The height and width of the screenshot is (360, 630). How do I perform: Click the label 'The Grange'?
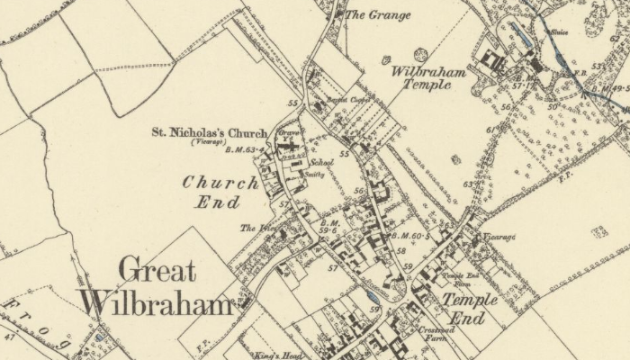(x=377, y=14)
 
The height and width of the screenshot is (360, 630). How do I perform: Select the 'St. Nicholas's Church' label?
(x=209, y=134)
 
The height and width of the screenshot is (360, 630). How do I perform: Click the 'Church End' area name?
(x=220, y=192)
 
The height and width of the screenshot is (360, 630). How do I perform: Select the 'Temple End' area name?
(x=469, y=309)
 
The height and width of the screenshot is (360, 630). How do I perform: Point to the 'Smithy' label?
(x=314, y=175)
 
